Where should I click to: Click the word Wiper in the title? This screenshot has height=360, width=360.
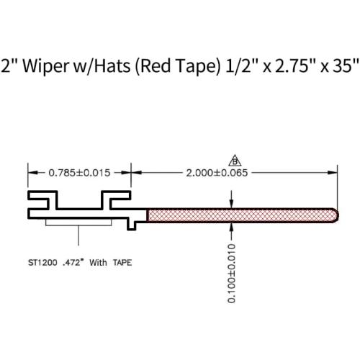[x=45, y=66]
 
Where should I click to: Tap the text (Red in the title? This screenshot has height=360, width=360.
[x=153, y=66]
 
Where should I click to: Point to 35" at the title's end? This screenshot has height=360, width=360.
[x=346, y=66]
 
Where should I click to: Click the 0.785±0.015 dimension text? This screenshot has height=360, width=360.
[x=79, y=173]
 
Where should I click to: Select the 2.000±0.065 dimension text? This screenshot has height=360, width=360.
[x=217, y=173]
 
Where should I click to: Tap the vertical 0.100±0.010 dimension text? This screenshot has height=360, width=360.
[x=231, y=273]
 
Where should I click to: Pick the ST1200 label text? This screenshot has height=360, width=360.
[x=42, y=263]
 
